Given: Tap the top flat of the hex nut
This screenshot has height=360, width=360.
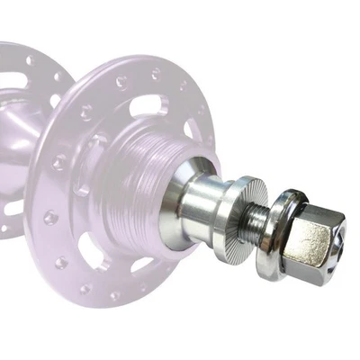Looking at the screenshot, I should (315, 211).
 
